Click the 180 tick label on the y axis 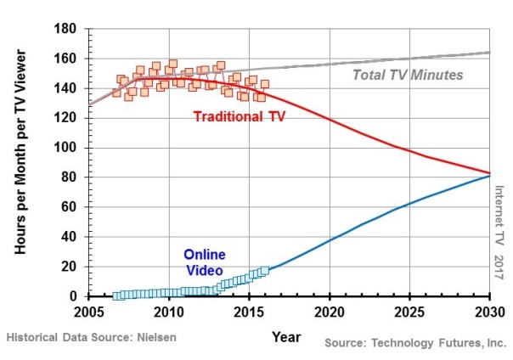click(67, 29)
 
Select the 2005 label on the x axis click(88, 312)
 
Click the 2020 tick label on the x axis click(330, 312)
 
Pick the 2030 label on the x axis click(490, 312)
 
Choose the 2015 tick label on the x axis click(249, 312)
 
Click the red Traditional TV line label click(240, 116)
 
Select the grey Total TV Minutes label click(408, 75)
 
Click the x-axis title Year click(286, 336)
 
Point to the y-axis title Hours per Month click(22, 161)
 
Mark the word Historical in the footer click(35, 337)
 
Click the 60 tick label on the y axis click(71, 207)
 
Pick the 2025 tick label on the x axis click(410, 312)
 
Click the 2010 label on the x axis click(169, 312)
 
